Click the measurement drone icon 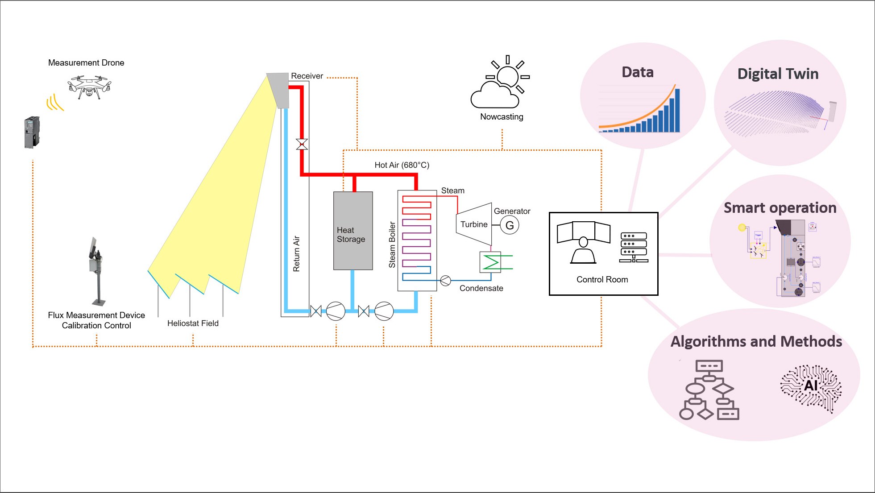point(90,87)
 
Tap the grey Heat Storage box point(353,231)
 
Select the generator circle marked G point(510,225)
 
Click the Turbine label point(474,224)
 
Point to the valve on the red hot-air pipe point(302,145)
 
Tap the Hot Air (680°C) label point(402,165)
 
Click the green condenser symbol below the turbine point(491,262)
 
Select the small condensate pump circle point(445,281)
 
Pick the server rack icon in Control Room point(634,247)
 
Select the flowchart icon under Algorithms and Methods point(709,391)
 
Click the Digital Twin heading point(778,74)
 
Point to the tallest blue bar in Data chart point(677,110)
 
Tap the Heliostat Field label point(193,323)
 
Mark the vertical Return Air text point(296,254)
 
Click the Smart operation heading point(780,208)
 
